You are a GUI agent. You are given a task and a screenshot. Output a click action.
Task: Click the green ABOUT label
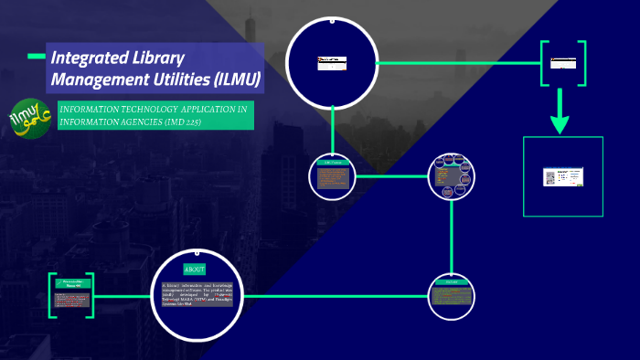pyautogui.click(x=195, y=270)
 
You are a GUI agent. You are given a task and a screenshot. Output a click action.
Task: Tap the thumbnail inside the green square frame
pyautogui.click(x=563, y=176)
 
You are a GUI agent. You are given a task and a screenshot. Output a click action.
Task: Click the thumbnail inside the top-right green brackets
pyautogui.click(x=562, y=63)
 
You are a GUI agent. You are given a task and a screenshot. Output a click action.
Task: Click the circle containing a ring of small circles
pyautogui.click(x=453, y=175)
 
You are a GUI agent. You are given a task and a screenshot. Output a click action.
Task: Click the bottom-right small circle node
pyautogui.click(x=453, y=294)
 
